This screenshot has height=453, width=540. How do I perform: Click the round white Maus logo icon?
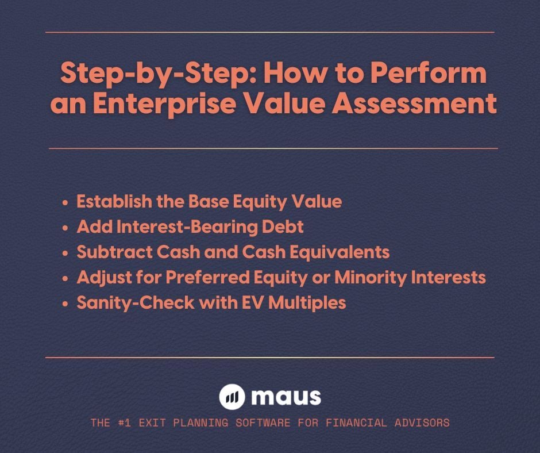[x=232, y=397]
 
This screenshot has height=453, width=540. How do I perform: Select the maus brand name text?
[x=286, y=397]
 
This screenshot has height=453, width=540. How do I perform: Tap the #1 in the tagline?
[x=126, y=423]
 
